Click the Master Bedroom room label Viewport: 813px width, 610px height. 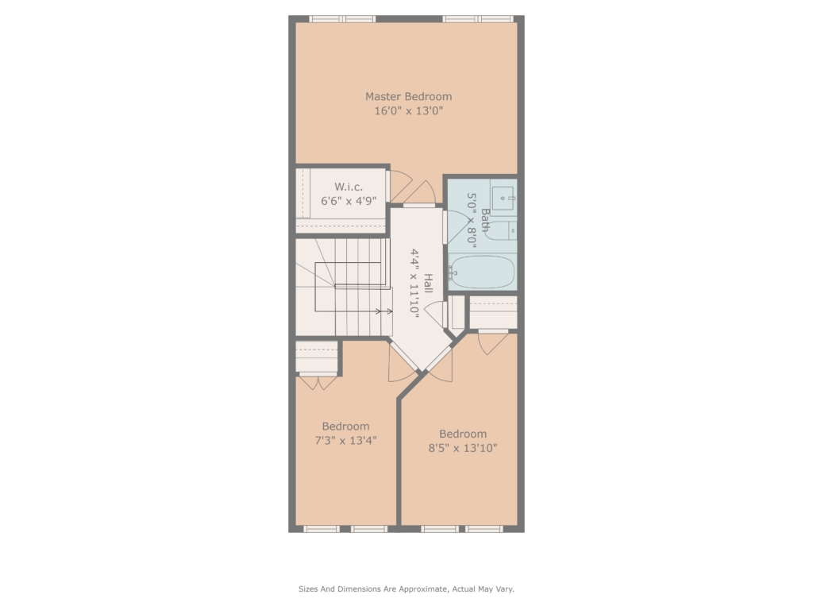(x=409, y=96)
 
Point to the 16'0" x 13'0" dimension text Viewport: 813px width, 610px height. (x=409, y=110)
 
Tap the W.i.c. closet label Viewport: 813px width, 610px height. (x=349, y=187)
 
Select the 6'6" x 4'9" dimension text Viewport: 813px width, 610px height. (x=349, y=201)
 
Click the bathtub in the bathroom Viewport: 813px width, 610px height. (x=482, y=272)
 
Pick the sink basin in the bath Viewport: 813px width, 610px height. (x=503, y=198)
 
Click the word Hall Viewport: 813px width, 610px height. (x=428, y=284)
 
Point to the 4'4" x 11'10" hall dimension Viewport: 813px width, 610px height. (x=414, y=282)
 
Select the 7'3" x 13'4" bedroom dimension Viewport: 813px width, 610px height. (x=346, y=440)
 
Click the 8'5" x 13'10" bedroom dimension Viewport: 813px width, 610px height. (x=463, y=448)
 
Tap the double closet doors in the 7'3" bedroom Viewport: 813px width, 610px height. (x=318, y=382)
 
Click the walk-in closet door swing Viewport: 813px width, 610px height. (x=400, y=185)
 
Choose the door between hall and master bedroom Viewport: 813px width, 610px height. (x=420, y=192)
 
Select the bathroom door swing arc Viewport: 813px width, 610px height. (x=457, y=227)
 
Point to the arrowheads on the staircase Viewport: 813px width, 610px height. (x=384, y=311)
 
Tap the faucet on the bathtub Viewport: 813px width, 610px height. (x=453, y=272)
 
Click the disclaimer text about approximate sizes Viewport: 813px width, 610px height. (x=406, y=589)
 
